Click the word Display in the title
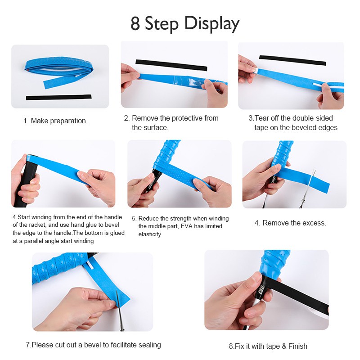click(x=211, y=24)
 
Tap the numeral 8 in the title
click(x=135, y=24)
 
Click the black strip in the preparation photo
click(x=58, y=97)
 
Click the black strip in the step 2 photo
click(x=171, y=65)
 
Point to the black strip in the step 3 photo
click(x=292, y=60)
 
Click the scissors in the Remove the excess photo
click(x=308, y=188)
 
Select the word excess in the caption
click(x=314, y=223)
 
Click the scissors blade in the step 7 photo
click(x=120, y=310)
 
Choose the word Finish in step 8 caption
click(x=298, y=346)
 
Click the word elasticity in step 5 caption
click(x=149, y=234)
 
